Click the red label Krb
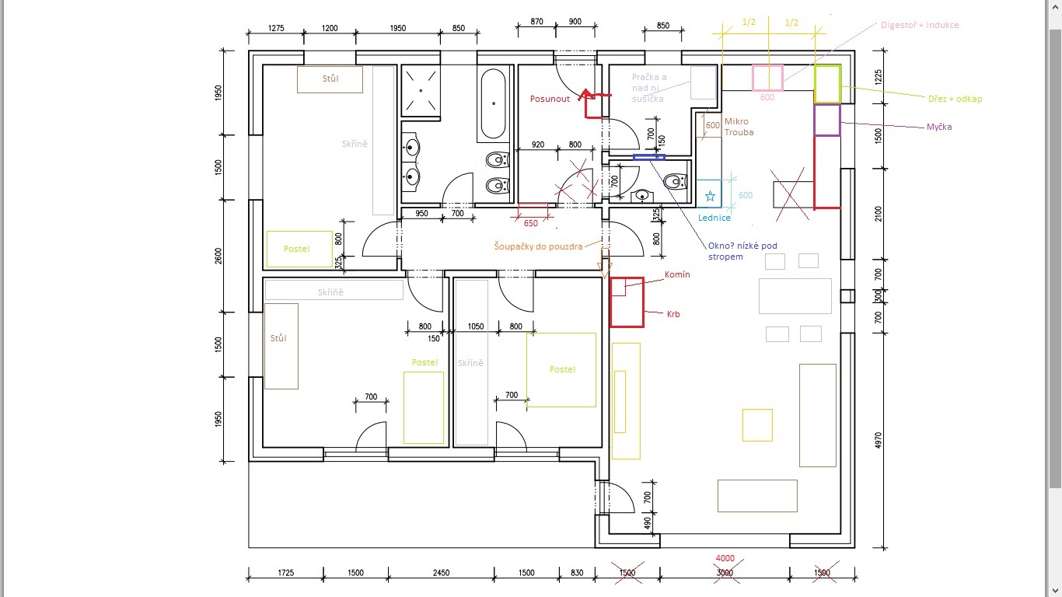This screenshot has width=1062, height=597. pyautogui.click(x=673, y=314)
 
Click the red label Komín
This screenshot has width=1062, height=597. pyautogui.click(x=677, y=275)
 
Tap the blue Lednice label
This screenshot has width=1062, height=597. pyautogui.click(x=714, y=218)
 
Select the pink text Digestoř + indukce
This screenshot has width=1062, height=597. pyautogui.click(x=919, y=25)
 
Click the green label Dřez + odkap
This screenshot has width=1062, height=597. pyautogui.click(x=955, y=99)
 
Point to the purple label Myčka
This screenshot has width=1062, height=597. pyautogui.click(x=939, y=127)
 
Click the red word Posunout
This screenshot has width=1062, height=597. pyautogui.click(x=550, y=99)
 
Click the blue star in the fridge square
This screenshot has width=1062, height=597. pyautogui.click(x=709, y=197)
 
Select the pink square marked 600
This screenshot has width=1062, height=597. pyautogui.click(x=767, y=79)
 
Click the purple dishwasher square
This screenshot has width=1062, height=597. pyautogui.click(x=827, y=120)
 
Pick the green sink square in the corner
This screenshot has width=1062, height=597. pyautogui.click(x=827, y=85)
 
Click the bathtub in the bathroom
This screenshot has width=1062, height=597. pyautogui.click(x=495, y=103)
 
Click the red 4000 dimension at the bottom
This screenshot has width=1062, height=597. pyautogui.click(x=725, y=559)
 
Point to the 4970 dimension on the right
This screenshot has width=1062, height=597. pyautogui.click(x=879, y=440)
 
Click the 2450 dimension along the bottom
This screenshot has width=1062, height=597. pyautogui.click(x=441, y=573)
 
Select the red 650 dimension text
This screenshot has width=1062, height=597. pyautogui.click(x=530, y=224)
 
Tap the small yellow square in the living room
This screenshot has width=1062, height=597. pyautogui.click(x=756, y=424)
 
